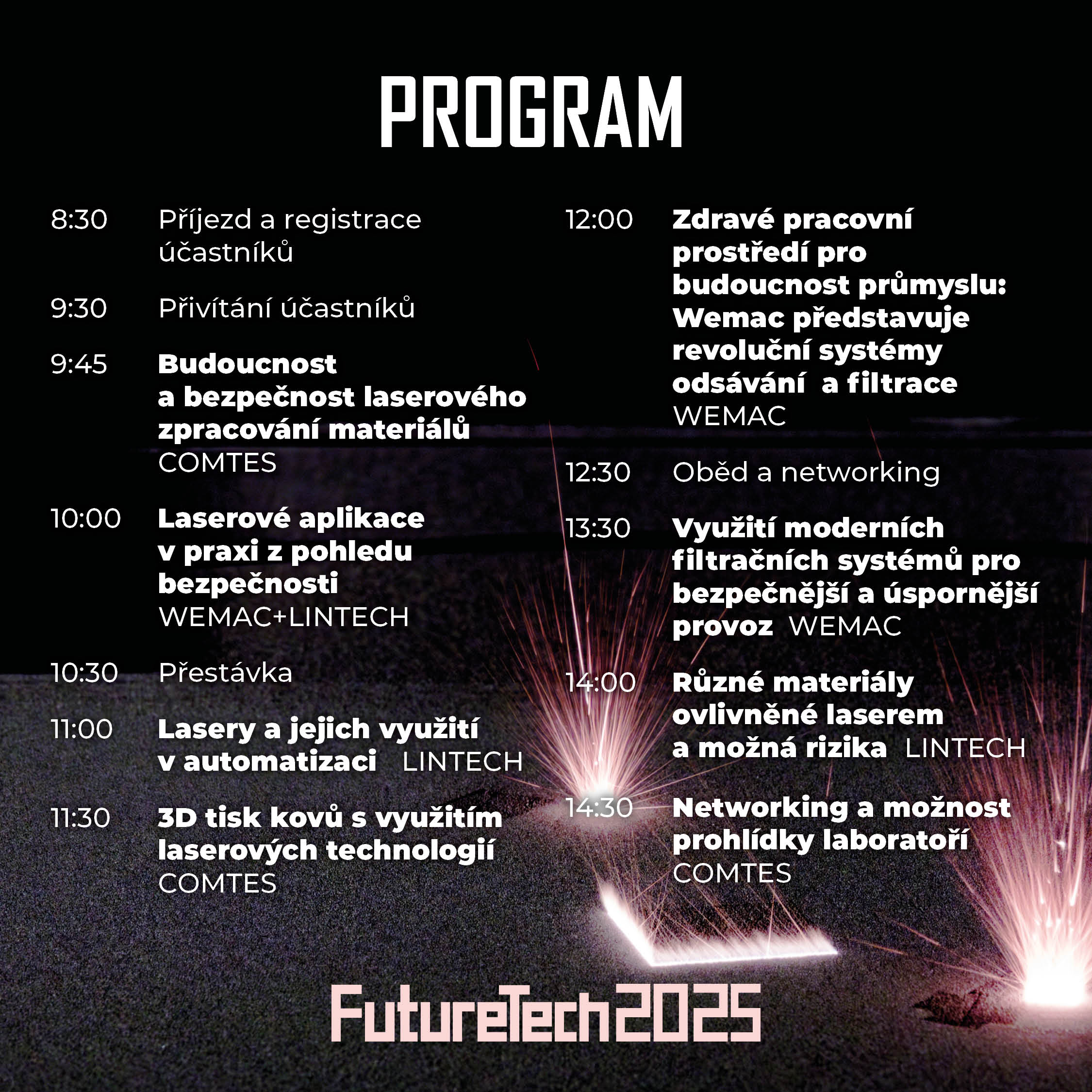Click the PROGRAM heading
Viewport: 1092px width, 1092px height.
tap(531, 112)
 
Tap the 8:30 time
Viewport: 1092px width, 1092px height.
tap(79, 219)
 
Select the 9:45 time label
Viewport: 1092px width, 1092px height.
tap(79, 364)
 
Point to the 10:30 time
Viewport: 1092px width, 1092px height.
tap(85, 673)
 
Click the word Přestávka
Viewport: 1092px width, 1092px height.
tap(226, 672)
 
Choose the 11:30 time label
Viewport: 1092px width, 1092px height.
tap(81, 818)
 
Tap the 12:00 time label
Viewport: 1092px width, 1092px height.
tap(599, 219)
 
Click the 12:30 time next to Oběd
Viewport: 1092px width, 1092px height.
tap(598, 472)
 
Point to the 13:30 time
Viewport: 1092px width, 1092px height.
tap(598, 528)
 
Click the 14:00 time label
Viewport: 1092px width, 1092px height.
tap(601, 682)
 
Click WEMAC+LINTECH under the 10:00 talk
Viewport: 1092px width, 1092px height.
tap(284, 617)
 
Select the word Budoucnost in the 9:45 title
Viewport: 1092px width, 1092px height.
tap(248, 364)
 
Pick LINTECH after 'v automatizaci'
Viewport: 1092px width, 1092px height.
tap(463, 761)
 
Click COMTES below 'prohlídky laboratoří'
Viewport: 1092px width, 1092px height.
tap(732, 873)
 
